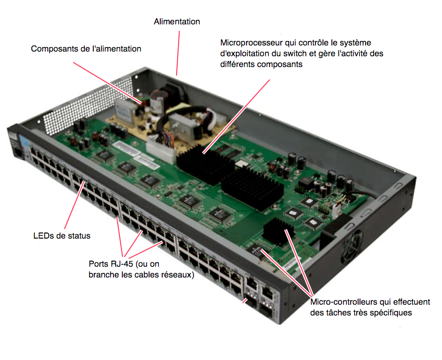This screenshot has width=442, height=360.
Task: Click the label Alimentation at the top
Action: [x=177, y=22]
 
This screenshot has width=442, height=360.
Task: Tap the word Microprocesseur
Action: [x=251, y=43]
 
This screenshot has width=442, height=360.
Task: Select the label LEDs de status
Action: [x=62, y=236]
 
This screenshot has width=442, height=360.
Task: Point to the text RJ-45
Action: [x=122, y=264]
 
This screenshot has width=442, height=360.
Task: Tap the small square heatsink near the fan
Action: [x=277, y=231]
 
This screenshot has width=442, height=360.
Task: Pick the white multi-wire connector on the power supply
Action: [x=161, y=148]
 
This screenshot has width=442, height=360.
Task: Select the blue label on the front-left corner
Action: [x=24, y=142]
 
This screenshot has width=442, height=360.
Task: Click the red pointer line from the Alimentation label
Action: [x=178, y=53]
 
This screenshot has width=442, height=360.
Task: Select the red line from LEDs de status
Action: [x=75, y=205]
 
